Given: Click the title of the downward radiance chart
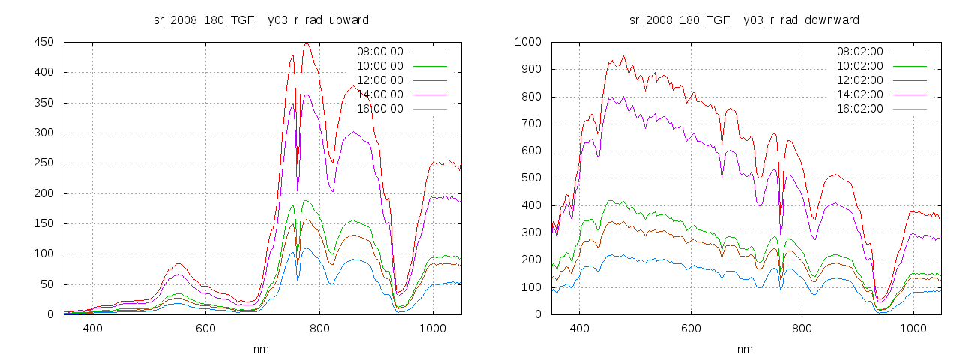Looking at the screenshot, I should coord(744,19).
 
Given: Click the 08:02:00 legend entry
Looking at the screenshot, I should coord(859,52).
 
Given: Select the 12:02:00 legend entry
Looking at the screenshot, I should coord(859,80).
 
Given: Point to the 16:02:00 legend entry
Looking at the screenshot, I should coord(859,109).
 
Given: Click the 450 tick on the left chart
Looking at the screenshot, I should coord(43,42).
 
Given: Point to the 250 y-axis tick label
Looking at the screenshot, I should coord(43,163).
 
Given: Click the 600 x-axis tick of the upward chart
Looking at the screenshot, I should coord(205,328).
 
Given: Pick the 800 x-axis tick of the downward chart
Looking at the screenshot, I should coord(802,328).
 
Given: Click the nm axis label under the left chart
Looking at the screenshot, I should coord(261,349).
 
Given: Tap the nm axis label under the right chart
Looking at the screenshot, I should coord(744,349).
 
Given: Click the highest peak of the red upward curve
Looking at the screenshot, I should coord(307,43).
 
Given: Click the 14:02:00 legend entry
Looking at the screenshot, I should coord(859,94).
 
